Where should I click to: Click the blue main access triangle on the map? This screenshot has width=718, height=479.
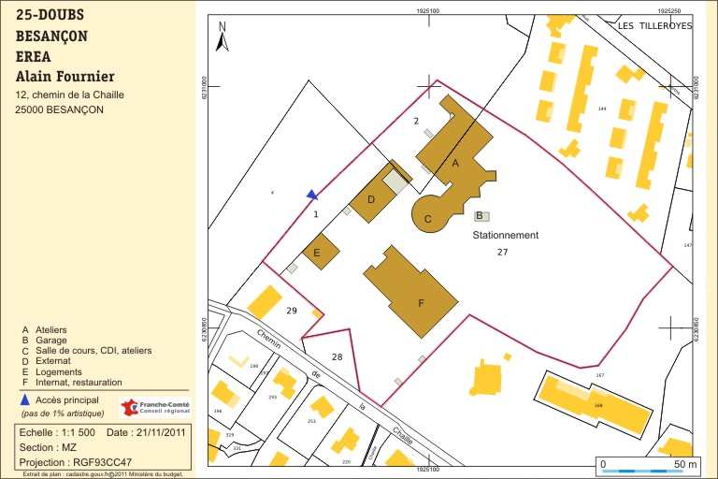click(x=312, y=195)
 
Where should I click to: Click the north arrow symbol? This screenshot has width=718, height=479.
click(x=222, y=37)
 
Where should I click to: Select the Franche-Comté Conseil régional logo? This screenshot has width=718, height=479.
click(x=155, y=407)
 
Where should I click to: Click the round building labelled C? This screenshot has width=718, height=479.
click(x=429, y=215)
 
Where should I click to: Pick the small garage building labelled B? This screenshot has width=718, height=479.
click(x=481, y=215)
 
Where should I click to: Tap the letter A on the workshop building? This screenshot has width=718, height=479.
click(x=455, y=163)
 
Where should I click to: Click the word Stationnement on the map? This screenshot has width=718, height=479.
click(x=506, y=236)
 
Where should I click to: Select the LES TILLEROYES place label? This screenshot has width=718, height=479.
click(x=654, y=26)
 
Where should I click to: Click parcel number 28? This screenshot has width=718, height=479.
click(x=337, y=357)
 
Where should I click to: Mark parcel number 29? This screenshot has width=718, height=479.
click(x=292, y=310)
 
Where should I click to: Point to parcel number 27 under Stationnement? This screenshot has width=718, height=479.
click(x=502, y=253)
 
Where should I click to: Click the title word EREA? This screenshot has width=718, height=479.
click(x=34, y=57)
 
